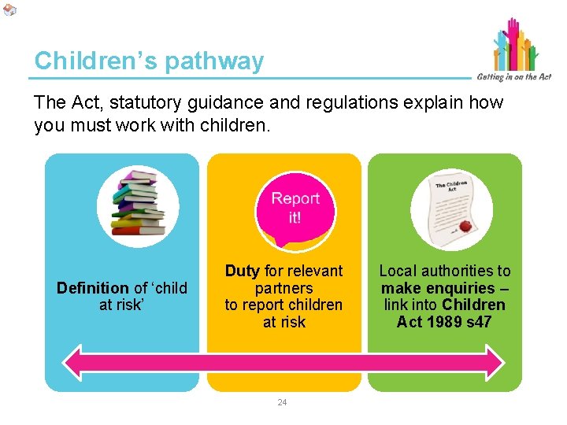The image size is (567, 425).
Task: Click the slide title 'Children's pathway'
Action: pos(149,61)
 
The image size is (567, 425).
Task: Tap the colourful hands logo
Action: pos(516,46)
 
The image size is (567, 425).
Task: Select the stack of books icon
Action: pos(137,204)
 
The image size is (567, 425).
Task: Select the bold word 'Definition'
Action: pos(92,288)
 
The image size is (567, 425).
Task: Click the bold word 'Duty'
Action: pos(243,271)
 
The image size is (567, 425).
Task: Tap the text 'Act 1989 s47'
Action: pos(444,322)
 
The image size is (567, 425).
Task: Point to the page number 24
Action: pos(283,402)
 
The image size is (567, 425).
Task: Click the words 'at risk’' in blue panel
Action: pos(122,305)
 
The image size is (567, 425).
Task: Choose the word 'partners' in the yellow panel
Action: pos(283,288)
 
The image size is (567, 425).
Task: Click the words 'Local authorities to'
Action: pos(445,271)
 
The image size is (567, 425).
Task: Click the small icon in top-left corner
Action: pos(9,9)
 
